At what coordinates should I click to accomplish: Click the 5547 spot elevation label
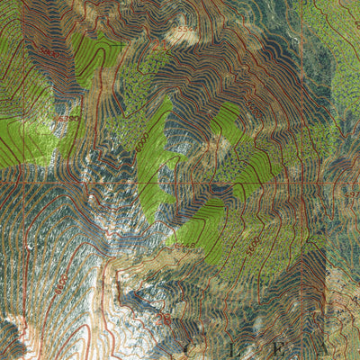coord(183,34)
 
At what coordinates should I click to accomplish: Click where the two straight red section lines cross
coord(325,179)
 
